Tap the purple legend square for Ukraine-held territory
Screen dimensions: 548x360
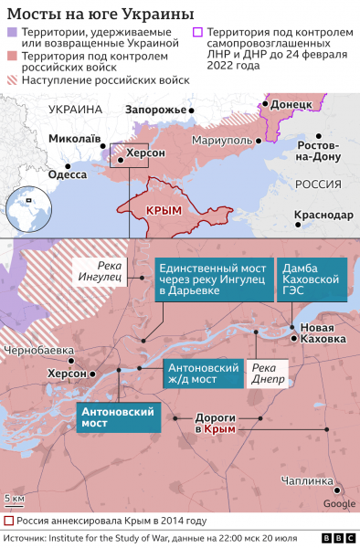click(12, 33)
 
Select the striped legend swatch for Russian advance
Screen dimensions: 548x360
click(12, 80)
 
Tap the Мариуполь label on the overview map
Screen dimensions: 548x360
click(222, 141)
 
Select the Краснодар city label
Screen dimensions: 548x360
click(323, 215)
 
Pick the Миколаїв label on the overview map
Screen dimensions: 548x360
click(75, 138)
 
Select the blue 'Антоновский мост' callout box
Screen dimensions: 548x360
click(119, 417)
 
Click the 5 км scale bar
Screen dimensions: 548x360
click(16, 501)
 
